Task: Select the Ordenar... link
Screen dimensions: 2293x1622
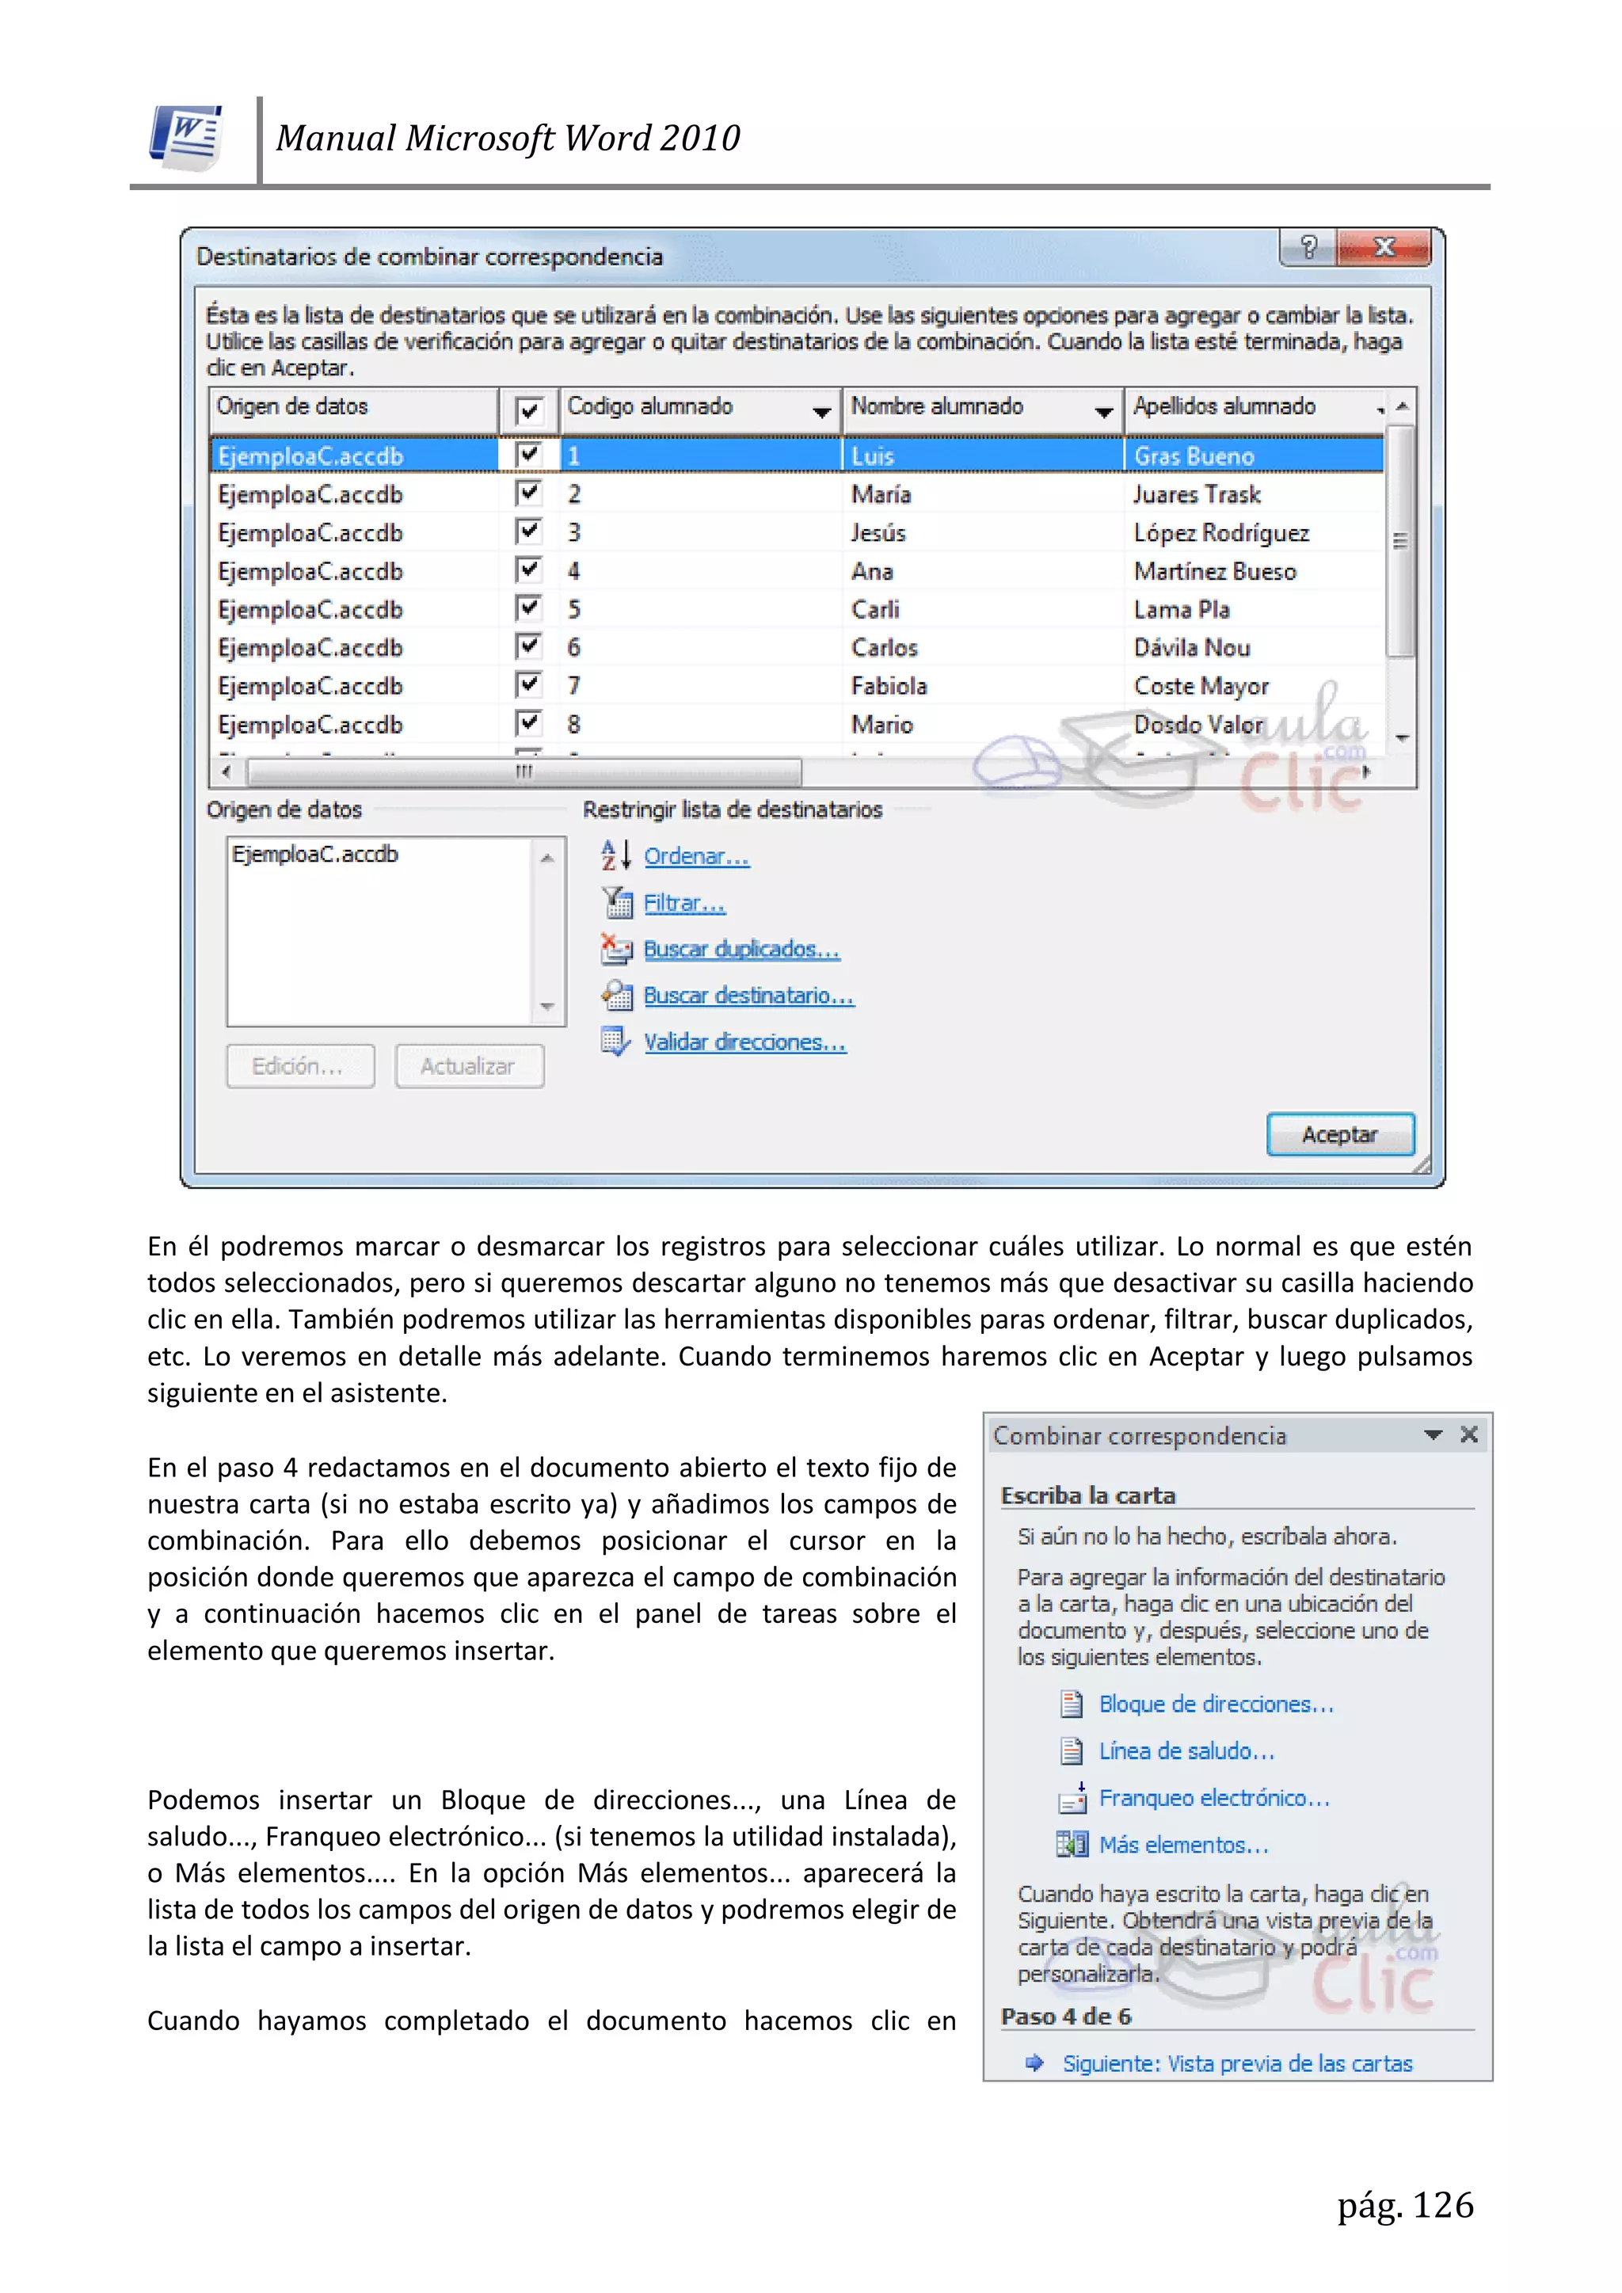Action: [x=695, y=856]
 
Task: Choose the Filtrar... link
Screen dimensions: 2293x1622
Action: [x=683, y=903]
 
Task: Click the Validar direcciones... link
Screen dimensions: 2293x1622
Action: [x=744, y=1042]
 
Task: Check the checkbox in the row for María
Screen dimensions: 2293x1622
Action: [x=528, y=493]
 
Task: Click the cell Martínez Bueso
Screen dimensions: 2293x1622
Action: [x=1214, y=571]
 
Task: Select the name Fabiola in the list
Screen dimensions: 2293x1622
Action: [x=888, y=686]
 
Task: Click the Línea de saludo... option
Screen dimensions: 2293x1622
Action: [x=1186, y=1750]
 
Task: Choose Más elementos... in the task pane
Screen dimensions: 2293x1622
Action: [x=1182, y=1845]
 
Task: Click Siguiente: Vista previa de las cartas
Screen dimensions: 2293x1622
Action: [x=1236, y=2063]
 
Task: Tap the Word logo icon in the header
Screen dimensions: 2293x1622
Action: [x=187, y=137]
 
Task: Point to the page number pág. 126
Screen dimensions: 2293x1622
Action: [x=1404, y=2204]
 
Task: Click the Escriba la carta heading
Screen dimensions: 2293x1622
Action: [x=1087, y=1495]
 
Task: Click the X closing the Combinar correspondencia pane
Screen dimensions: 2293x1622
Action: [x=1468, y=1435]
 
